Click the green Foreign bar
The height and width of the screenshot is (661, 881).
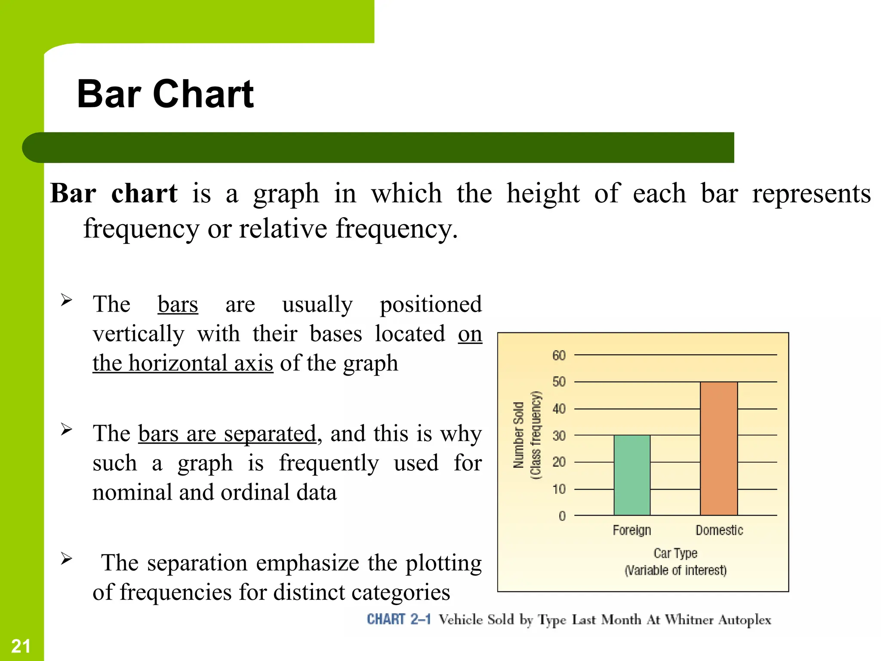(x=632, y=475)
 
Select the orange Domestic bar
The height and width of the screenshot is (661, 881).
(x=719, y=448)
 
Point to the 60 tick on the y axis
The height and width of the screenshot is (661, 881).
(x=559, y=355)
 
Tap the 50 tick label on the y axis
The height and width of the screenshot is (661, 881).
(x=559, y=382)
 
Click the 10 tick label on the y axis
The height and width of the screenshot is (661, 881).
(x=559, y=489)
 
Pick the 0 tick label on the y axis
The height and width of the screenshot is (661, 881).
(x=562, y=516)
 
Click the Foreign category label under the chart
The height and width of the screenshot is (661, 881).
(x=631, y=530)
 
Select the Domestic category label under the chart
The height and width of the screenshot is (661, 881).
(x=719, y=530)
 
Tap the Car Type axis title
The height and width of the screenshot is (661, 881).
(x=675, y=553)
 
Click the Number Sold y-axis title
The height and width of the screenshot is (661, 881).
(x=519, y=435)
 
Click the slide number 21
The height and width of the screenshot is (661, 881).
(x=21, y=646)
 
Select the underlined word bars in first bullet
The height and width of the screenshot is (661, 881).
(x=178, y=305)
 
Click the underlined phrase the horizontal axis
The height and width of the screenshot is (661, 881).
(x=183, y=363)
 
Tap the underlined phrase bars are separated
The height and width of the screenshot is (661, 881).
(x=227, y=434)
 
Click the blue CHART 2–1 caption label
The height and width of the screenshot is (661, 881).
(x=398, y=619)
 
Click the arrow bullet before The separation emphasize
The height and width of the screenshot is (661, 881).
(x=66, y=559)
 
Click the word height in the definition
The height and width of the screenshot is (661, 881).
(x=543, y=194)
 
